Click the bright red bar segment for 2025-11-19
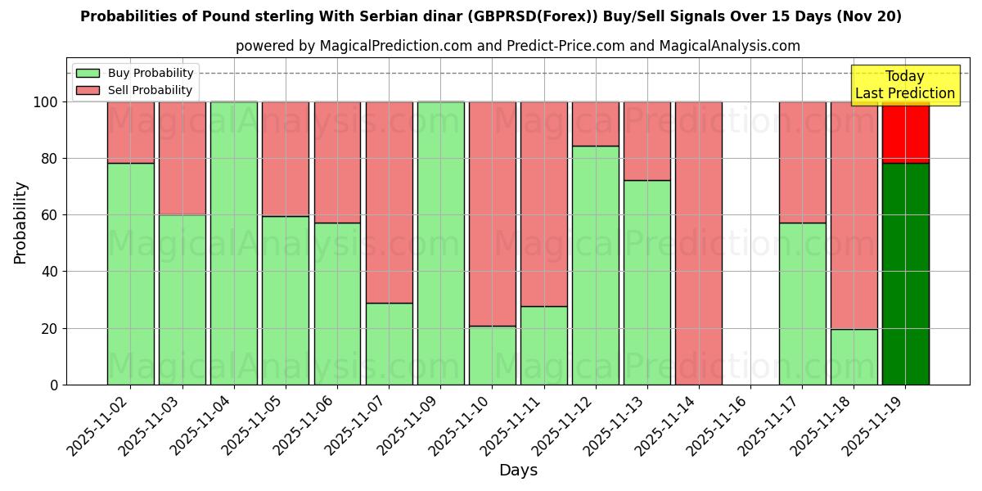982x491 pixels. click(905, 132)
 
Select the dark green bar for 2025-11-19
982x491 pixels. click(905, 274)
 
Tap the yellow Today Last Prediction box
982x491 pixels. click(904, 85)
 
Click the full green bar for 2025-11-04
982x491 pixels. click(233, 243)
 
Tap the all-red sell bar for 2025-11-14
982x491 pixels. click(698, 243)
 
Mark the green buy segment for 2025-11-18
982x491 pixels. click(854, 357)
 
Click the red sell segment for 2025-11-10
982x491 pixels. click(492, 214)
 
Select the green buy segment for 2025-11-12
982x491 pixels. click(595, 265)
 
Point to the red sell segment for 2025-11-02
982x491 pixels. click(130, 132)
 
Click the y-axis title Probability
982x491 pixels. click(20, 222)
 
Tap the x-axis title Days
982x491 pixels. click(518, 471)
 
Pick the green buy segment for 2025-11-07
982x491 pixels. click(389, 344)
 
